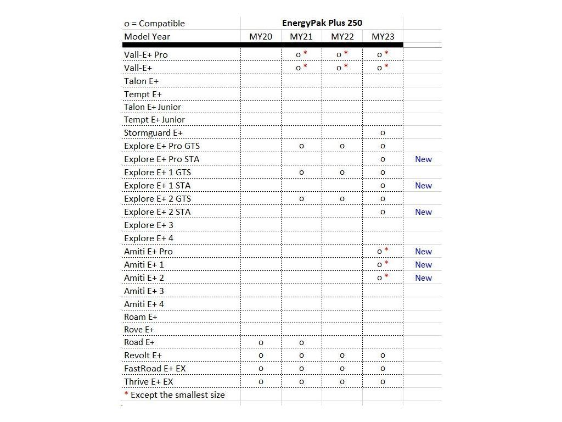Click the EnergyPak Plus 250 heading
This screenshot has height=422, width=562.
[322, 23]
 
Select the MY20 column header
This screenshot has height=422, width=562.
[261, 37]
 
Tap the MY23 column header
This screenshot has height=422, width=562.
[383, 37]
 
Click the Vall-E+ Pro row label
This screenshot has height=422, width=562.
[146, 54]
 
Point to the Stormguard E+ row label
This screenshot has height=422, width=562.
[153, 133]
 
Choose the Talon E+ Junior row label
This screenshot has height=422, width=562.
[153, 107]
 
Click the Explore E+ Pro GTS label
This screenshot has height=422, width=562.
[162, 146]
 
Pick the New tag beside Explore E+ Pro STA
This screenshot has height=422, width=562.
[423, 159]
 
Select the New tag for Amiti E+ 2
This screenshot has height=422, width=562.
[423, 278]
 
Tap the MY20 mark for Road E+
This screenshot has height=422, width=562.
[261, 343]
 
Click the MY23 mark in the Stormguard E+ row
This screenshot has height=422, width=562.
[383, 133]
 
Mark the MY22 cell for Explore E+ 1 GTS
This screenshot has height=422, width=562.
[342, 173]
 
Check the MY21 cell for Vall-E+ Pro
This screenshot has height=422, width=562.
[301, 54]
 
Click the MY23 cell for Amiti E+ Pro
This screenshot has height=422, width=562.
[382, 252]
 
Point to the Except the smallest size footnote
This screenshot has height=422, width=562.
[175, 395]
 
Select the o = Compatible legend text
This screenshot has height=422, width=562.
[154, 23]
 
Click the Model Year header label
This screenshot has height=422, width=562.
[147, 37]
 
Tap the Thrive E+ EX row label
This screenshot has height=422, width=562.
[148, 382]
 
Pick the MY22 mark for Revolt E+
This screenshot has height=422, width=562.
[342, 356]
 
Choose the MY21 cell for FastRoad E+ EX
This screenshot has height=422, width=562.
[301, 369]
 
